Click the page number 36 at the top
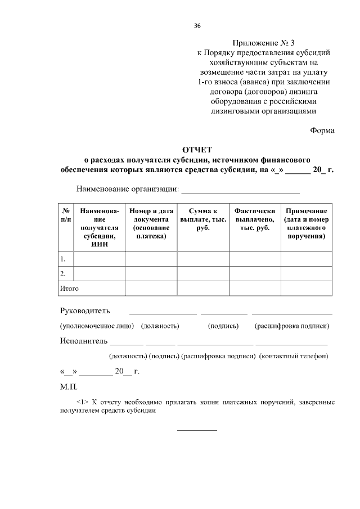(x=197, y=26)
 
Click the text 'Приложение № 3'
(x=263, y=43)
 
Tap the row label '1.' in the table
(x=64, y=259)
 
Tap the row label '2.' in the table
(x=64, y=273)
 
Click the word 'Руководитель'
(x=85, y=311)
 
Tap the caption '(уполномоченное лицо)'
(x=97, y=326)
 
